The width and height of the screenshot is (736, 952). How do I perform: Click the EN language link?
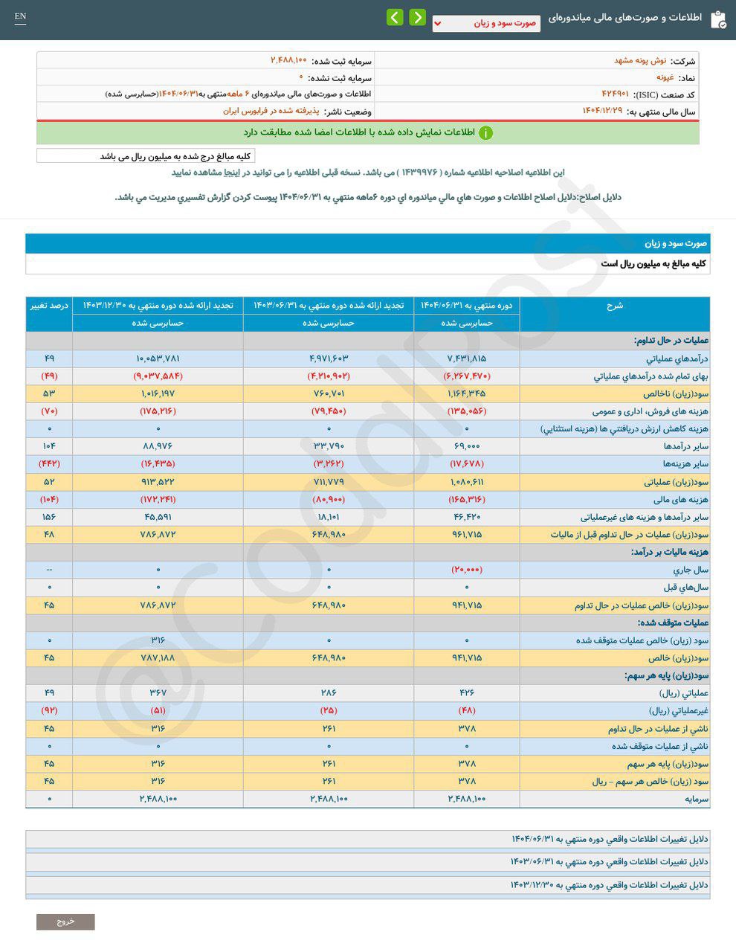pyautogui.click(x=20, y=16)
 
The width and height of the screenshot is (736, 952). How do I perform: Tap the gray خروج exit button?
pyautogui.click(x=65, y=922)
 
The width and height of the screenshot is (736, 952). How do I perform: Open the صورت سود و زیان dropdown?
pyautogui.click(x=486, y=23)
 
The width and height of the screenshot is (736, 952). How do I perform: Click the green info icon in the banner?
pyautogui.click(x=485, y=133)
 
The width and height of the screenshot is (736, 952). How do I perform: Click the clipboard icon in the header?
pyautogui.click(x=718, y=19)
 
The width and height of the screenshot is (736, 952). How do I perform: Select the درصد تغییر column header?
pyautogui.click(x=49, y=306)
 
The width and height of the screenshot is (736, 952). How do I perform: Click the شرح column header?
pyautogui.click(x=614, y=306)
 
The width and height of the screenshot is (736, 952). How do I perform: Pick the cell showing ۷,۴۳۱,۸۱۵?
pyautogui.click(x=467, y=358)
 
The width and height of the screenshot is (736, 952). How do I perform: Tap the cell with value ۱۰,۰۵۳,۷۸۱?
pyautogui.click(x=158, y=358)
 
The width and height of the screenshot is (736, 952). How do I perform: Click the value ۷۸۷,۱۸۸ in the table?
pyautogui.click(x=158, y=658)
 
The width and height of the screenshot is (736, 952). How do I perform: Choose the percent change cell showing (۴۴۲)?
pyautogui.click(x=49, y=464)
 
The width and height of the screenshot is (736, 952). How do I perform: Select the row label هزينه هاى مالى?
pyautogui.click(x=682, y=499)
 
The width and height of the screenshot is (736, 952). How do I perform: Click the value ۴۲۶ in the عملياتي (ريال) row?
pyautogui.click(x=467, y=693)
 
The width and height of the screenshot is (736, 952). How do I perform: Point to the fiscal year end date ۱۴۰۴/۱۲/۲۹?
pyautogui.click(x=601, y=111)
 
